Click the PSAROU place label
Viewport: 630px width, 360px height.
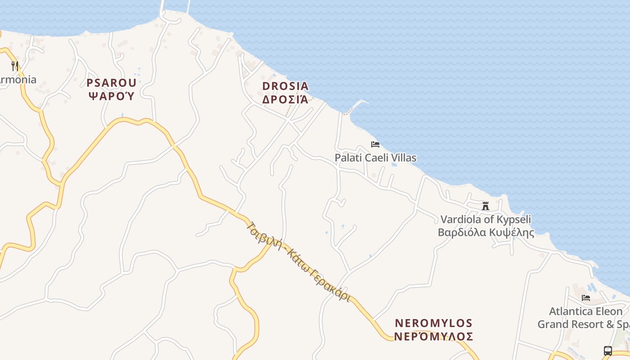111,83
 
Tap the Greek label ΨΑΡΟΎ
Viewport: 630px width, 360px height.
111,95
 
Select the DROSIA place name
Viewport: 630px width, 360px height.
285,86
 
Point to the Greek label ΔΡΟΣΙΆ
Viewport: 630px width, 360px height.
285,99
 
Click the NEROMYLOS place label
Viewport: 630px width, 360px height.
433,323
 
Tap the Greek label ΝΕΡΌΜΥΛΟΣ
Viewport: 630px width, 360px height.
433,337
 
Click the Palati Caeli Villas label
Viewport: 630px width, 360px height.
375,158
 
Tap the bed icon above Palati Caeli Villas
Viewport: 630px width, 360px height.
375,144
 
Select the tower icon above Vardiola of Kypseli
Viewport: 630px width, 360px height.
486,206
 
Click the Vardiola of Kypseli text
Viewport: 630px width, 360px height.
486,220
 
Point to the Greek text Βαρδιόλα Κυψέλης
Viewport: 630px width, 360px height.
486,233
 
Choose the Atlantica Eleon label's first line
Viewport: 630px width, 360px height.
585,311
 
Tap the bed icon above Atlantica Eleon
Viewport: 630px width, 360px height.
585,298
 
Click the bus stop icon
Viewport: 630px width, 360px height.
607,351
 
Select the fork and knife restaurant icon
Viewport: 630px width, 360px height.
15,66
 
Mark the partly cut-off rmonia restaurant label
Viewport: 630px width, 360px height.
18,80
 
